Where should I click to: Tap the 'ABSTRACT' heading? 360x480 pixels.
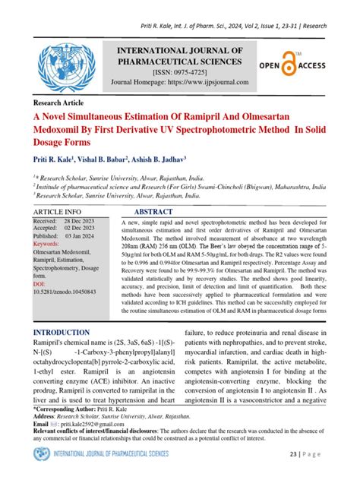161,210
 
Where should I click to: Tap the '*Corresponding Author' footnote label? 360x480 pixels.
67,407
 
